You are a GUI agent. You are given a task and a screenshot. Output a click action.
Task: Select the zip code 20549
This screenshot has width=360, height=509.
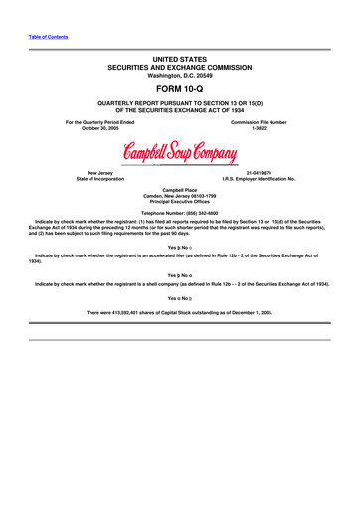coord(202,74)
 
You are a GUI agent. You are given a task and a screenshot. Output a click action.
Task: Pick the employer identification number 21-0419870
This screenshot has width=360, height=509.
coord(261,171)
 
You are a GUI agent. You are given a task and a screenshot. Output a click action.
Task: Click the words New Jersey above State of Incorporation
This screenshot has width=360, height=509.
coord(98,171)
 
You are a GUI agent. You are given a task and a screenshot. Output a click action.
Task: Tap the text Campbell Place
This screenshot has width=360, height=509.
coord(180,186)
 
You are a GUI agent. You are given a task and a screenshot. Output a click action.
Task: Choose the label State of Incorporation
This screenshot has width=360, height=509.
coord(98,178)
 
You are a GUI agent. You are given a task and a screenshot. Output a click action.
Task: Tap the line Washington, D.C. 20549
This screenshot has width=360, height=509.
coord(180,74)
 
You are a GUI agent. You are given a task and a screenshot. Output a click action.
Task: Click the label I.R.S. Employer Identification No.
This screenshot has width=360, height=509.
coord(261,178)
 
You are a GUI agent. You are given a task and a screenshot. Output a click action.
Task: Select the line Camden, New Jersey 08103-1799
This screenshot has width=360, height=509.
coord(180,193)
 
